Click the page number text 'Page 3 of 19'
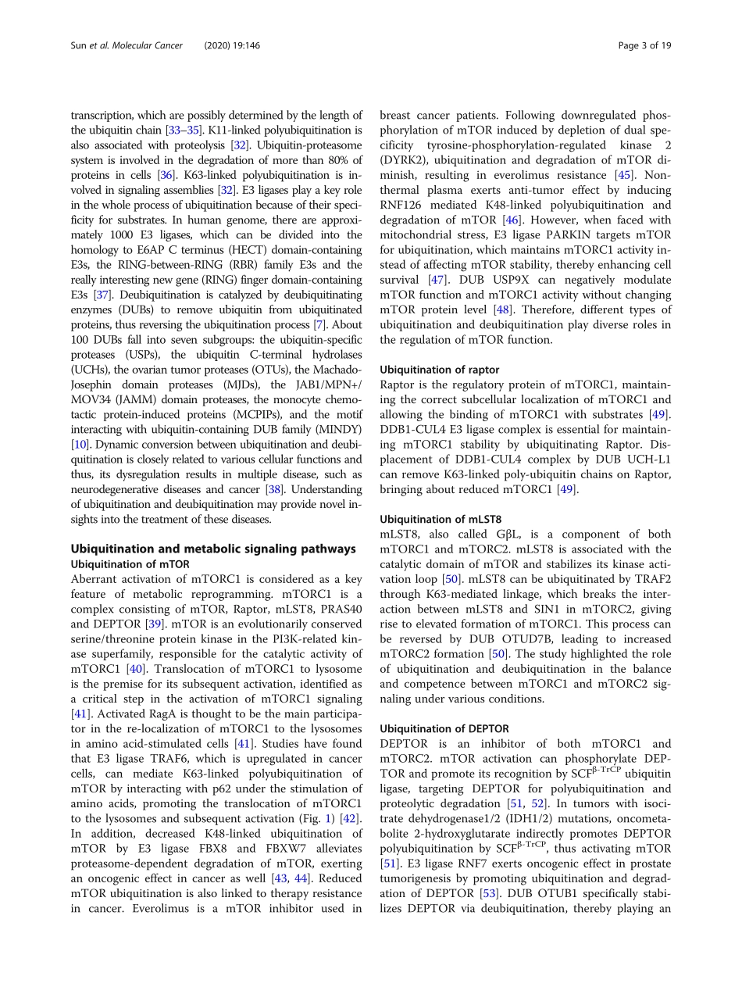[644, 45]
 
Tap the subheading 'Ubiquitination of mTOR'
[130, 563]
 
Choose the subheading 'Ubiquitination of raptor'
[439, 370]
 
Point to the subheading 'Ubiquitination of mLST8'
[441, 519]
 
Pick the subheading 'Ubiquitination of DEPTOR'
[444, 728]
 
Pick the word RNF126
[405, 206]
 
